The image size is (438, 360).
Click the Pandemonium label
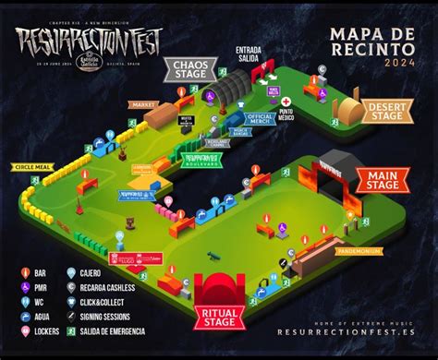click(x=355, y=249)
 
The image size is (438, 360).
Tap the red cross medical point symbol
click(x=287, y=102)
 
